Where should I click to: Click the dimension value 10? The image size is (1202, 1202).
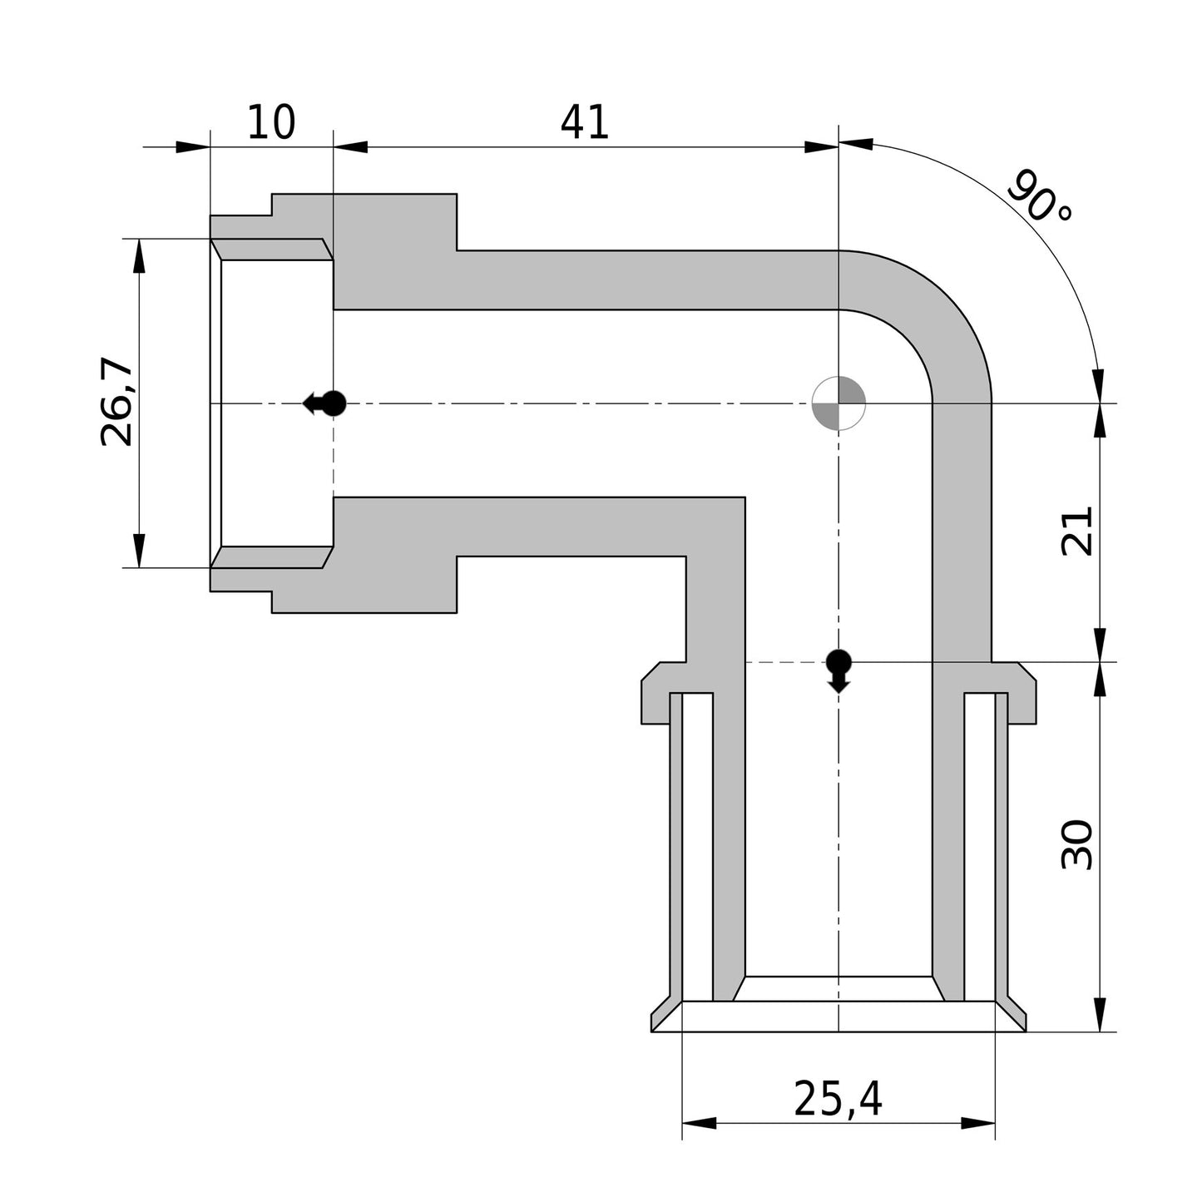[x=271, y=122]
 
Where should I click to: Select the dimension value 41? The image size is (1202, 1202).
[x=585, y=122]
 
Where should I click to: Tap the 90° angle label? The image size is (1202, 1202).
[x=1040, y=196]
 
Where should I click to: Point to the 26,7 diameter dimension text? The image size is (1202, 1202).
[x=117, y=403]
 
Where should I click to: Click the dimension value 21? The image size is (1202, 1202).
[x=1078, y=532]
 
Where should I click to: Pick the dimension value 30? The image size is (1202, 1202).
[x=1078, y=845]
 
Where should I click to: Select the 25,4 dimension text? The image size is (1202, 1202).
[x=838, y=1099]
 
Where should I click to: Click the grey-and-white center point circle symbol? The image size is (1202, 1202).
[x=838, y=403]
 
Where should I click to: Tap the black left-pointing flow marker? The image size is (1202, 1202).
[x=324, y=403]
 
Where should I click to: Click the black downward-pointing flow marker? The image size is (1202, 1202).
[x=838, y=669]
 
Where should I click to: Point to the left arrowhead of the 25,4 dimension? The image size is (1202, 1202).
[x=699, y=1124]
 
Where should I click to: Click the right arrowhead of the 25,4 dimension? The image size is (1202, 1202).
[x=978, y=1124]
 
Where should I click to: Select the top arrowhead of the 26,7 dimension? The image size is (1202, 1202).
[x=139, y=255]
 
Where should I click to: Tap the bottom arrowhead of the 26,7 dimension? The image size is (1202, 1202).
[x=139, y=552]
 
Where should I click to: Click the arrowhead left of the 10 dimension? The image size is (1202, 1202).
[x=192, y=147]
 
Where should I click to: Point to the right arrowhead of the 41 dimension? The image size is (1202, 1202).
[x=822, y=147]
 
